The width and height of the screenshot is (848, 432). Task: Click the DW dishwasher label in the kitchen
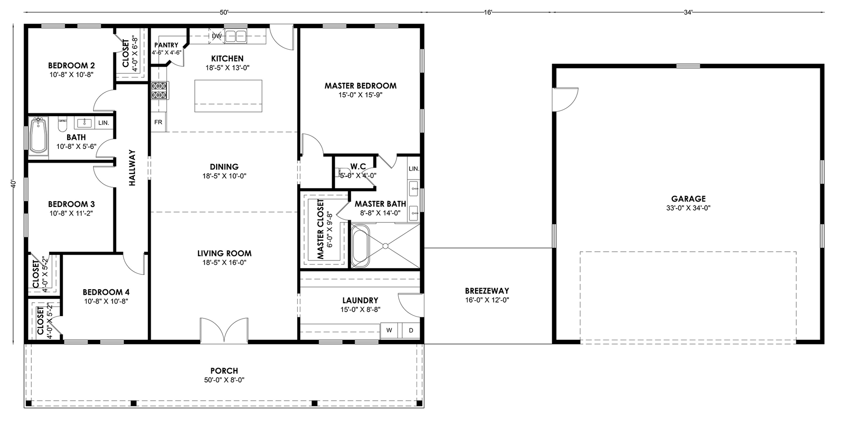tap(217, 36)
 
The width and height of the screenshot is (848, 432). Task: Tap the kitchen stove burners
tap(159, 90)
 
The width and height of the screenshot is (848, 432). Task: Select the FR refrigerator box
tap(158, 122)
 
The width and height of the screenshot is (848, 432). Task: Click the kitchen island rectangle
tap(228, 96)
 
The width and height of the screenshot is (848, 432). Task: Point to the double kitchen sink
tap(235, 36)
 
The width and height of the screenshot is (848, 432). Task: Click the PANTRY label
tap(166, 45)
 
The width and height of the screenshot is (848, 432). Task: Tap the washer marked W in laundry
tap(389, 331)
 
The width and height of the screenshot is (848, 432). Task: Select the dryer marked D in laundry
tap(411, 331)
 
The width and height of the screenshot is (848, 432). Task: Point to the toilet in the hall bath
tap(62, 124)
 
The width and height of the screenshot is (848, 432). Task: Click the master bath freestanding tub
tap(360, 246)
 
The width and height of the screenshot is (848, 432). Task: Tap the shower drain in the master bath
tap(385, 246)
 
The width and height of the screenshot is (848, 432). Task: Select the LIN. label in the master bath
tap(414, 169)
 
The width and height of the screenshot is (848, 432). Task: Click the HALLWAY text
tap(132, 168)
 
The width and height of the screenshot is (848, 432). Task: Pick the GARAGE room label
tap(689, 199)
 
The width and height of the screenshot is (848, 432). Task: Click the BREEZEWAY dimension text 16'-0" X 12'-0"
tap(487, 300)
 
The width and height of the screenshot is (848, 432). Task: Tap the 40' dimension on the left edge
tap(14, 184)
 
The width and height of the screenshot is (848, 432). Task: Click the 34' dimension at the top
tap(688, 13)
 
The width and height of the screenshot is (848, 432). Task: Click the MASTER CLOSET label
tap(321, 229)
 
